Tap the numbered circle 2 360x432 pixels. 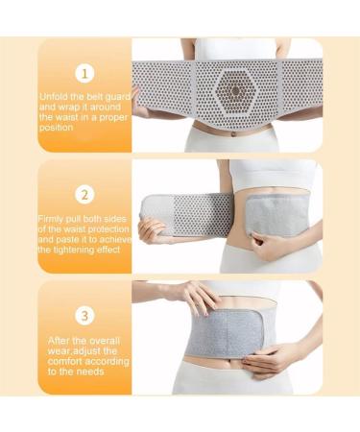tap(84, 195)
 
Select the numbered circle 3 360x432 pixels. tap(84, 314)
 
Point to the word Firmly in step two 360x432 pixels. tap(54, 218)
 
